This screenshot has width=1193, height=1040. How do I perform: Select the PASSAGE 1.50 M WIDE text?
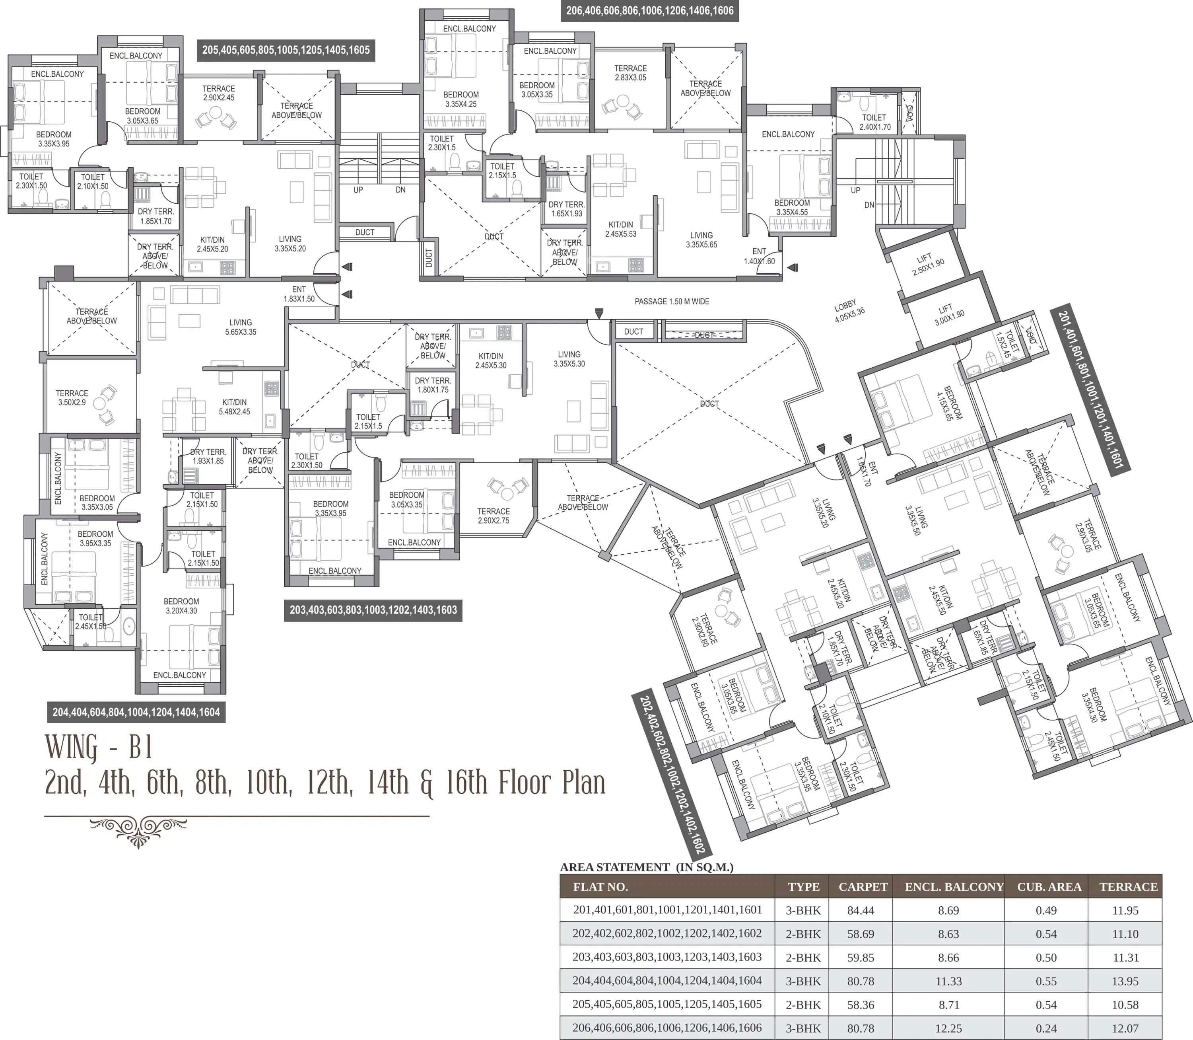click(x=672, y=301)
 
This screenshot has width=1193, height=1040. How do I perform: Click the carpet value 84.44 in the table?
click(x=860, y=910)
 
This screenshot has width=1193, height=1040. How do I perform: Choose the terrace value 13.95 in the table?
click(x=1125, y=981)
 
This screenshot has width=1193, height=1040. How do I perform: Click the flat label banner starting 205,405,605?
click(x=286, y=50)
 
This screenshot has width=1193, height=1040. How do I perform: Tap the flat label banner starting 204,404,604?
click(x=136, y=712)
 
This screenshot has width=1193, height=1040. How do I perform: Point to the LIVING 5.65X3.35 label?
click(x=241, y=327)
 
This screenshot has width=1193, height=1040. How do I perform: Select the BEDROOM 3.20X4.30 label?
click(x=181, y=606)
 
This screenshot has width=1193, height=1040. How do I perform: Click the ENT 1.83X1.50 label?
click(x=299, y=294)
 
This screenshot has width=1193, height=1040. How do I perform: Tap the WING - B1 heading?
click(x=99, y=748)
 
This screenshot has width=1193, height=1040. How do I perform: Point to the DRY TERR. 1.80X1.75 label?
click(x=433, y=385)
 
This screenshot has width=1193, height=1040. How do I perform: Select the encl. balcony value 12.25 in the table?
click(x=948, y=1028)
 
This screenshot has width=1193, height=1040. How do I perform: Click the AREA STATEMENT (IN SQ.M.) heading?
click(x=646, y=867)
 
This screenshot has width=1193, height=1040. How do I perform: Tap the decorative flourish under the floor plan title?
click(x=138, y=830)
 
